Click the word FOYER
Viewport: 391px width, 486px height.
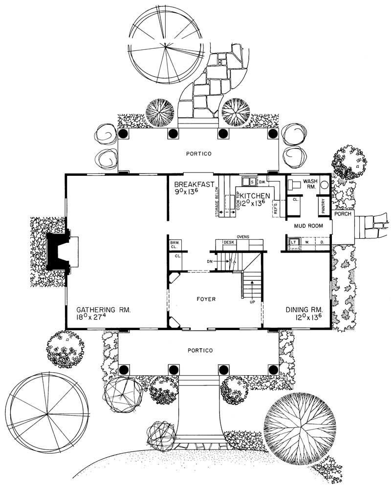coord(207,299)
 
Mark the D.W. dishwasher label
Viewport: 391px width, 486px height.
coord(262,182)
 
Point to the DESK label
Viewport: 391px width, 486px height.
coord(229,242)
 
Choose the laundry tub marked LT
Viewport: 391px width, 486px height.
coord(294,241)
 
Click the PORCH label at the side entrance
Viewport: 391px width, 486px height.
coord(343,214)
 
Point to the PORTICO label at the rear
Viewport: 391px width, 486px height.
coord(198,153)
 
